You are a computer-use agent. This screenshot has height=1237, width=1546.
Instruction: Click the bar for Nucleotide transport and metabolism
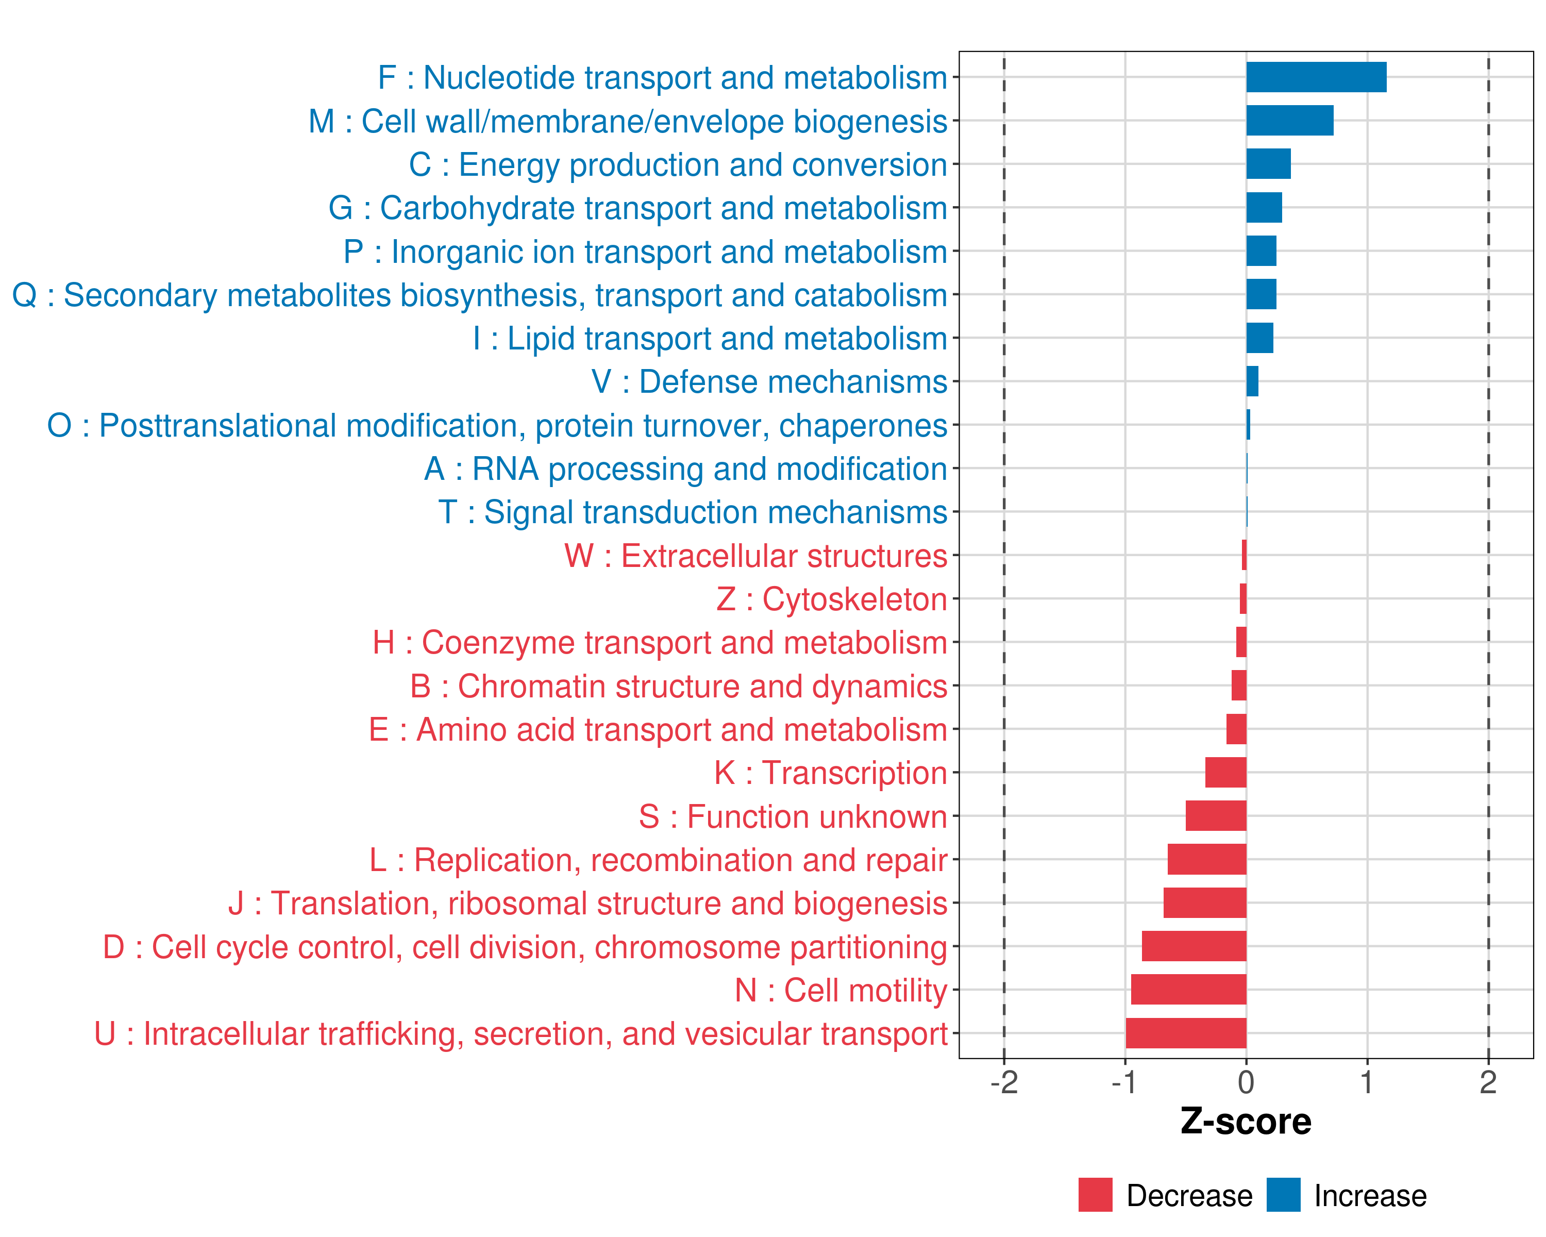coord(1316,77)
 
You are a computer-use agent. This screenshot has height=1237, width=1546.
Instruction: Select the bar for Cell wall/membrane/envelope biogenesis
coord(1289,121)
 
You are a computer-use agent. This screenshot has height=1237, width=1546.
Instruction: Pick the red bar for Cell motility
coord(1188,990)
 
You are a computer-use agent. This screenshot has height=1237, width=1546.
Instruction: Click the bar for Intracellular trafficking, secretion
coord(1185,1033)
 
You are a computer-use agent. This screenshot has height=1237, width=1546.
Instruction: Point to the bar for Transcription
coord(1225,772)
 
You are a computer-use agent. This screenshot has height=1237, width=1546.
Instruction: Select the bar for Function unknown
coord(1216,816)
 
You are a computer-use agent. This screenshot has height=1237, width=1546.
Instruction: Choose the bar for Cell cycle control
coord(1194,947)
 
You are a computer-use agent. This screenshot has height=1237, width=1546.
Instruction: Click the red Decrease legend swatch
coord(1095,1195)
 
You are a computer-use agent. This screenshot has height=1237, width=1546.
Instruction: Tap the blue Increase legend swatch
coord(1283,1195)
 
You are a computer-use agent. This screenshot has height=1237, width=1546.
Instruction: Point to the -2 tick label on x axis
coord(1004,1083)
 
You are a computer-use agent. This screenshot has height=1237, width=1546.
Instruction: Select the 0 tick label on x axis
coord(1246,1083)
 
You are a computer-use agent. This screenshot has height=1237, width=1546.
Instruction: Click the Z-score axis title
coord(1246,1122)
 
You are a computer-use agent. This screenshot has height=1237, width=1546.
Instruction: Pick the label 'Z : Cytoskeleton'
coord(831,599)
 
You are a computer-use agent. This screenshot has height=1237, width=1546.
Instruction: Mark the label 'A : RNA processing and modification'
coord(685,469)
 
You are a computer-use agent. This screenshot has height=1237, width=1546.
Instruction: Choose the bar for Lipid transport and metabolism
coord(1260,338)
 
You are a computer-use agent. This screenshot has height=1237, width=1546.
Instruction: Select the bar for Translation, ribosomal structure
coord(1205,903)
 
